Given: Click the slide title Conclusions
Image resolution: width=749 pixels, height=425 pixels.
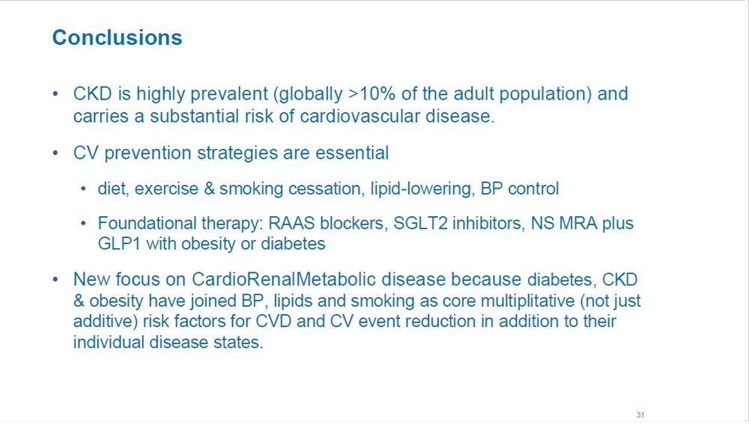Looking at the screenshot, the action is [117, 37].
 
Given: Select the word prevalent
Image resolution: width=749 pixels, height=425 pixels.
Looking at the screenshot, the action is [228, 94].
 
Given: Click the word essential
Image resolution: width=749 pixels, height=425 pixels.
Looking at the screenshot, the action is [352, 153].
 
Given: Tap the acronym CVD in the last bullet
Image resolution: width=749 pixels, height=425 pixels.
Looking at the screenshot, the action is [273, 321].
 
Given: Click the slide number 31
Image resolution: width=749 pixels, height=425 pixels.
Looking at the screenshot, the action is [640, 415].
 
